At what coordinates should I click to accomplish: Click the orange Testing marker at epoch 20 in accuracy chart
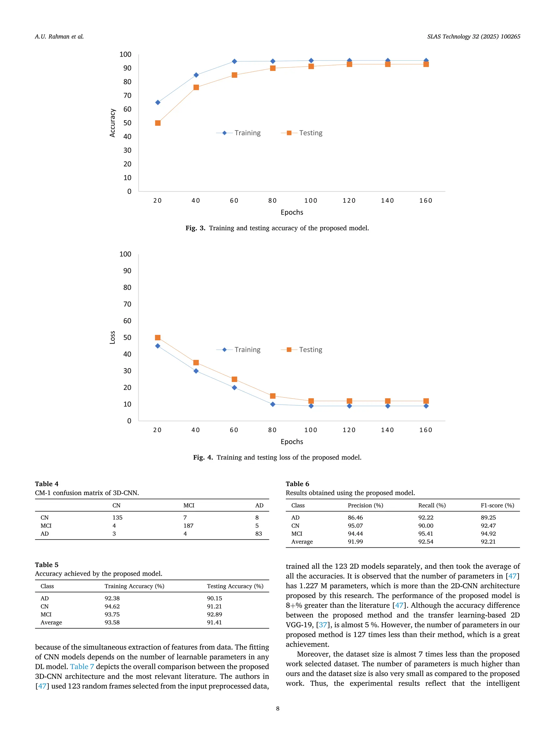tap(157, 123)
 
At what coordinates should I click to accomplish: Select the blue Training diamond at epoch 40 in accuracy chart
tap(196, 75)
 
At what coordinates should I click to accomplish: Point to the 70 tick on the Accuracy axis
tap(127, 95)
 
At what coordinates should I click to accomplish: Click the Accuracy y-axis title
tap(112, 123)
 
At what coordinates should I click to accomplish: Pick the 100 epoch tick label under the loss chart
tap(311, 430)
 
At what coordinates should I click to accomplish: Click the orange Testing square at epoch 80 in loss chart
tap(273, 396)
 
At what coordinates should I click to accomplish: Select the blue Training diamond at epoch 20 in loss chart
tap(157, 346)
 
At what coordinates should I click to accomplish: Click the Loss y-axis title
tap(112, 337)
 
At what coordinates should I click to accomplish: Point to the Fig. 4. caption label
tap(203, 457)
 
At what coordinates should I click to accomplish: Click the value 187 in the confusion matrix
tap(188, 526)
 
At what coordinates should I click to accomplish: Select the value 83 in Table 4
tap(258, 534)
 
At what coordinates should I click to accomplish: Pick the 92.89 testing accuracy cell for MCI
tap(214, 614)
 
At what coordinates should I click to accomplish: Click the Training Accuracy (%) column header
tap(134, 586)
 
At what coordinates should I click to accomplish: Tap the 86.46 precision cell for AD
tap(355, 518)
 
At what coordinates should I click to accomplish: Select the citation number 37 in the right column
tap(323, 625)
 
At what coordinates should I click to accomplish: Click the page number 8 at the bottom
tap(277, 708)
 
